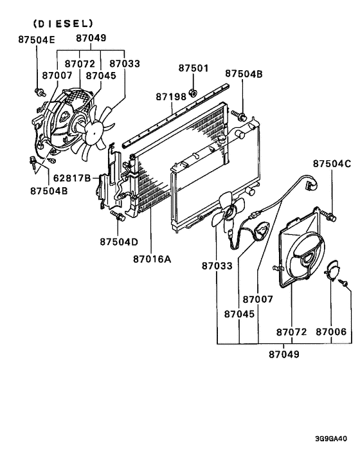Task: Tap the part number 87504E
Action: tap(37, 39)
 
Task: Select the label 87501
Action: tap(194, 68)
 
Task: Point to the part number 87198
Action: tap(171, 96)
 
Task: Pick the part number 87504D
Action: tap(119, 242)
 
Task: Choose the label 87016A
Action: tap(153, 260)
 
